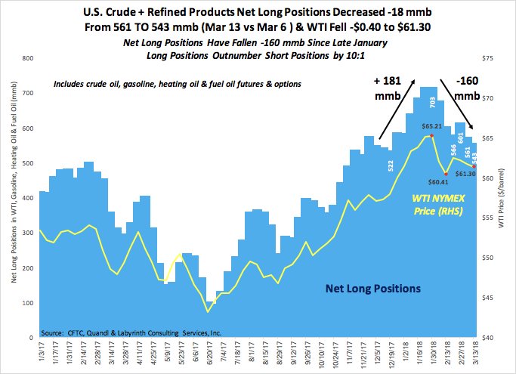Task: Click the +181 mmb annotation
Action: tap(393, 89)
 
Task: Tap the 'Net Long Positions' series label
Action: tap(373, 288)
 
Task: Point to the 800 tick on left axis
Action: tap(26, 58)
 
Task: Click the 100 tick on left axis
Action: tap(26, 303)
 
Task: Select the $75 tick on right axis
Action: tap(489, 58)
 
